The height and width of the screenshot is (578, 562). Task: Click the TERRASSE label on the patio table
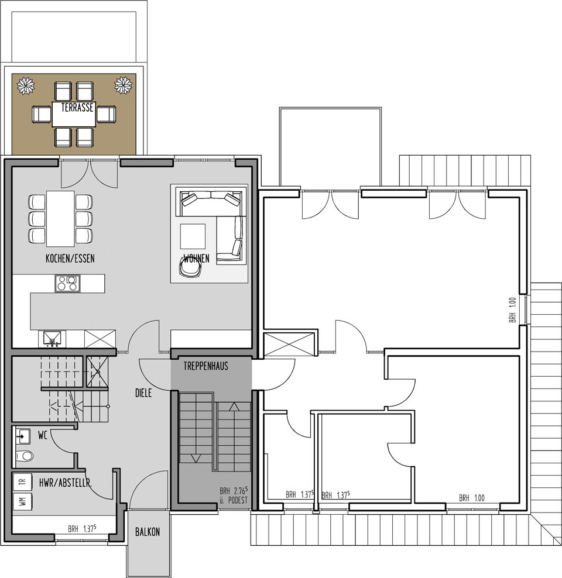(77, 108)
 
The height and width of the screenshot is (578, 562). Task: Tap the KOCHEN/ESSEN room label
(70, 259)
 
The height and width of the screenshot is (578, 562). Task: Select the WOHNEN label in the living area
(197, 258)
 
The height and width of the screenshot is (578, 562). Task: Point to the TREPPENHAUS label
(205, 366)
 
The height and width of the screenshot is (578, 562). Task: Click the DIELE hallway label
(143, 393)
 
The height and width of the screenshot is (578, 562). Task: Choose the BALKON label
(148, 532)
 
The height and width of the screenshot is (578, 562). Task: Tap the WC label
(42, 435)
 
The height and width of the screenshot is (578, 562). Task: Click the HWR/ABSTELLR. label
(65, 483)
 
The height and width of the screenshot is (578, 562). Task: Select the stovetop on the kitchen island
(67, 284)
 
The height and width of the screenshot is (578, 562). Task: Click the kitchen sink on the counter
(52, 339)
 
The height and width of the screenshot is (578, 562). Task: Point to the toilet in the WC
(25, 456)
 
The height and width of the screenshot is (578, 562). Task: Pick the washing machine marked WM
(22, 501)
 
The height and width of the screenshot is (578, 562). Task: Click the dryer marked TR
(22, 482)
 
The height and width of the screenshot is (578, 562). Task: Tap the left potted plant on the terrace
(26, 85)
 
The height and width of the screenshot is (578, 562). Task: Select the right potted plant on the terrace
(123, 85)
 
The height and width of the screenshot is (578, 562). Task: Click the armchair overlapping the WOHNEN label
(191, 267)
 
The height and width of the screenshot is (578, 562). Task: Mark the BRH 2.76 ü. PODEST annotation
(234, 495)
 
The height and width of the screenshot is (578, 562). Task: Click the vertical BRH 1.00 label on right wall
(513, 310)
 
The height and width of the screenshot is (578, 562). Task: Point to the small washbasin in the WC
(23, 436)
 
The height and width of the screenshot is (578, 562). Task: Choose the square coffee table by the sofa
(193, 236)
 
